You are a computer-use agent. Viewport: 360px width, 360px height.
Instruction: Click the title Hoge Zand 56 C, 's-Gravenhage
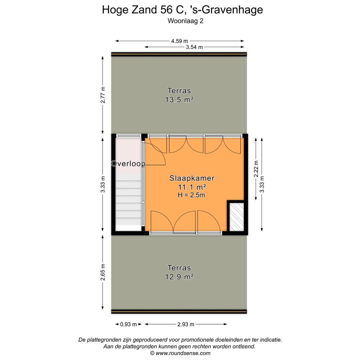pyautogui.click(x=182, y=10)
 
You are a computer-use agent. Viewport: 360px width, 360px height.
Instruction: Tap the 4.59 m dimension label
pyautogui.click(x=179, y=41)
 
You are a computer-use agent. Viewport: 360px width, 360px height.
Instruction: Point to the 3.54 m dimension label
pyautogui.click(x=194, y=47)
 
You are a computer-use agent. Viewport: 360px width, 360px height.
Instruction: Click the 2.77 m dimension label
pyautogui.click(x=103, y=95)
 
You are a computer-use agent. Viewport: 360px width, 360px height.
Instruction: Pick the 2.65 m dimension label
pyautogui.click(x=103, y=272)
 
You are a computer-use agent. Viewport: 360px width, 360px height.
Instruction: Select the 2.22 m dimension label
pyautogui.click(x=256, y=169)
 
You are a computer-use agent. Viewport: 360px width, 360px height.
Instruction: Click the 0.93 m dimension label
pyautogui.click(x=128, y=324)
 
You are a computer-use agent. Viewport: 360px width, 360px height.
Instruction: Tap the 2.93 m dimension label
pyautogui.click(x=186, y=324)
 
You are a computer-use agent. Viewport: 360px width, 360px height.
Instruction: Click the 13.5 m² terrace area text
pyautogui.click(x=179, y=99)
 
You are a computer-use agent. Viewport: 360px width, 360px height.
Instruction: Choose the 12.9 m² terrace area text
pyautogui.click(x=179, y=277)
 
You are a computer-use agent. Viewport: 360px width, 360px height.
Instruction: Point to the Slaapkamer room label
pyautogui.click(x=192, y=178)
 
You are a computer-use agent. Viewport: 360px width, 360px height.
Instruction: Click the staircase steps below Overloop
pyautogui.click(x=129, y=203)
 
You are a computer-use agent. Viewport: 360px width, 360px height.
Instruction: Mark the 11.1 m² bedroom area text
pyautogui.click(x=192, y=187)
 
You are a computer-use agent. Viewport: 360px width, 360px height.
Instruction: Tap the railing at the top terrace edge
pyautogui.click(x=179, y=54)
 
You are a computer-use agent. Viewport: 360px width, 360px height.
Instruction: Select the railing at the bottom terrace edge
pyautogui.click(x=179, y=311)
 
